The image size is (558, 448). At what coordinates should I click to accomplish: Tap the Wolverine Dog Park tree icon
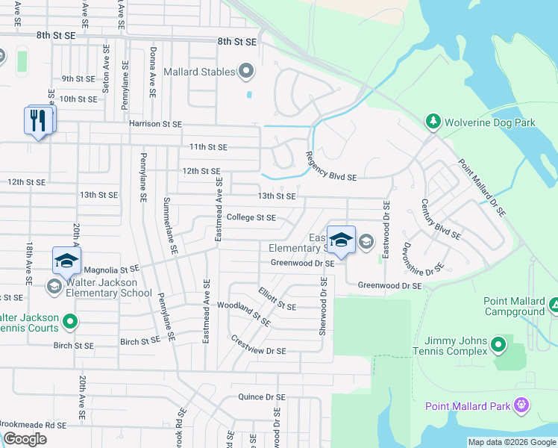(432, 122)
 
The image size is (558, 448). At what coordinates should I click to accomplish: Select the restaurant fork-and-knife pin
(39, 120)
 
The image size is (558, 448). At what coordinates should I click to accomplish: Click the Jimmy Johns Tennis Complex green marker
(498, 346)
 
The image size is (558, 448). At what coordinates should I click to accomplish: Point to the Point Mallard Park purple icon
(521, 406)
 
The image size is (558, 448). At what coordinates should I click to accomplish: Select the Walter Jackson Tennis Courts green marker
(71, 323)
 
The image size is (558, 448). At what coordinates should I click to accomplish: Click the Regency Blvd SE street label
(330, 167)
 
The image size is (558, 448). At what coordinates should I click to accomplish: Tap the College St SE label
(251, 218)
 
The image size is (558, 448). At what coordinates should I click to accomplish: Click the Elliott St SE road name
(277, 300)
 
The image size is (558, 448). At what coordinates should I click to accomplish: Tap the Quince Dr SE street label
(261, 397)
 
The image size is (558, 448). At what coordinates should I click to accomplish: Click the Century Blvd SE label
(440, 219)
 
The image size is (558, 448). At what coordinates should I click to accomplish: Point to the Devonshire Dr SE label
(423, 256)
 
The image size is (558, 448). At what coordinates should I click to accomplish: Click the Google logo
(25, 439)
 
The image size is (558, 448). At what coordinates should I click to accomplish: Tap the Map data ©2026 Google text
(511, 442)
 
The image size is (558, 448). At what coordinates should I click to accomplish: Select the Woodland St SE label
(243, 312)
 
